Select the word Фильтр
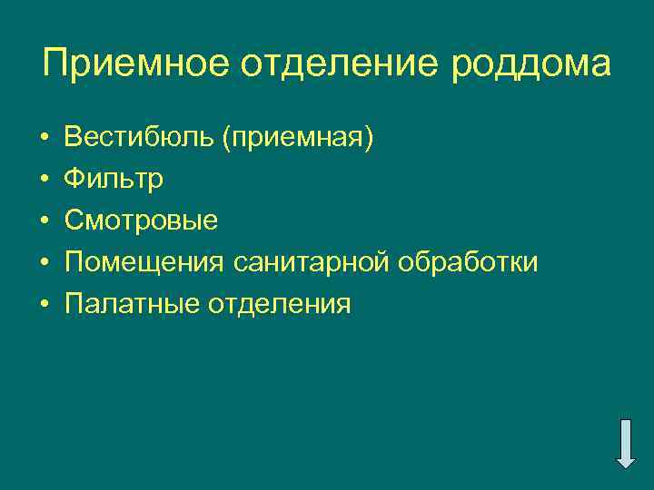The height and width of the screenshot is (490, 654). pyautogui.click(x=114, y=180)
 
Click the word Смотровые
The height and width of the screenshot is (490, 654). pyautogui.click(x=141, y=220)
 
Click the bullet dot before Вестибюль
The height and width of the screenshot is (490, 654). pyautogui.click(x=45, y=139)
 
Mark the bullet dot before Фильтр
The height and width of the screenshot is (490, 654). pyautogui.click(x=45, y=180)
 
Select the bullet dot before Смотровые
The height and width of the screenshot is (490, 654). pyautogui.click(x=45, y=221)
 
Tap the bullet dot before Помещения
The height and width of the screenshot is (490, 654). pyautogui.click(x=45, y=262)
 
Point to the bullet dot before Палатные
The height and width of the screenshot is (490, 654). pyautogui.click(x=45, y=304)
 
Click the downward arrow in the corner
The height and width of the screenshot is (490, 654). pyautogui.click(x=626, y=444)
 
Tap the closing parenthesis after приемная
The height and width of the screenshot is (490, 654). pyautogui.click(x=368, y=139)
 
